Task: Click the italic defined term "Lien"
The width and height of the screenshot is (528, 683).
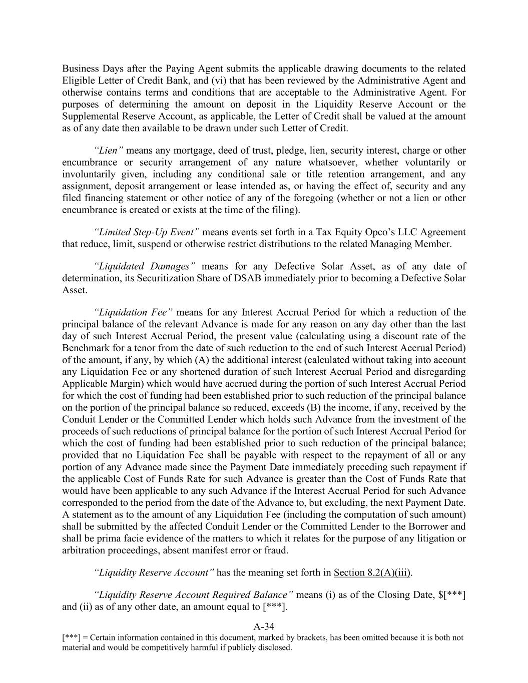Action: tap(109, 151)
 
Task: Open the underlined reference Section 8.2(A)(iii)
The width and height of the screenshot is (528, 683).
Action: tap(372, 573)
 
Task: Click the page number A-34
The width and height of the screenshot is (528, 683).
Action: tap(264, 626)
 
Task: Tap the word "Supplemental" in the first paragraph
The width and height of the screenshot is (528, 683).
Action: tap(90, 116)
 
